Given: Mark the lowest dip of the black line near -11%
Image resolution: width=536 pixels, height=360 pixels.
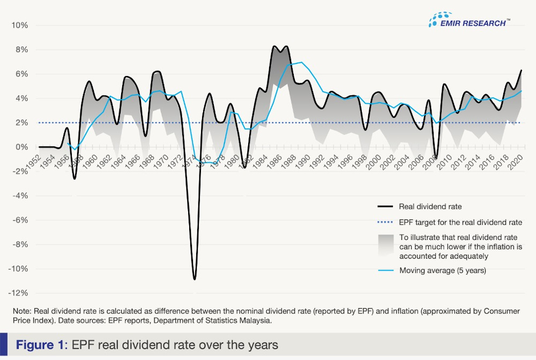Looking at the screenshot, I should [195, 279].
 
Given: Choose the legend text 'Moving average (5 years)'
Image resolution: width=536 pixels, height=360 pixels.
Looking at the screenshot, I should [443, 270].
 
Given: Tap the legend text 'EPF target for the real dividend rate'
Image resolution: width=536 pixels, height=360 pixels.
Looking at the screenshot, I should [460, 222].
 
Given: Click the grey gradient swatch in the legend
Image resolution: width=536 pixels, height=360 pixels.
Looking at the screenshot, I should [385, 246].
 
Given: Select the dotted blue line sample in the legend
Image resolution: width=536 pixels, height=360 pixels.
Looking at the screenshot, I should [385, 222].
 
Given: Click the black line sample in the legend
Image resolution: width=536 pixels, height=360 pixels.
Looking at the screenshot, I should [385, 206].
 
